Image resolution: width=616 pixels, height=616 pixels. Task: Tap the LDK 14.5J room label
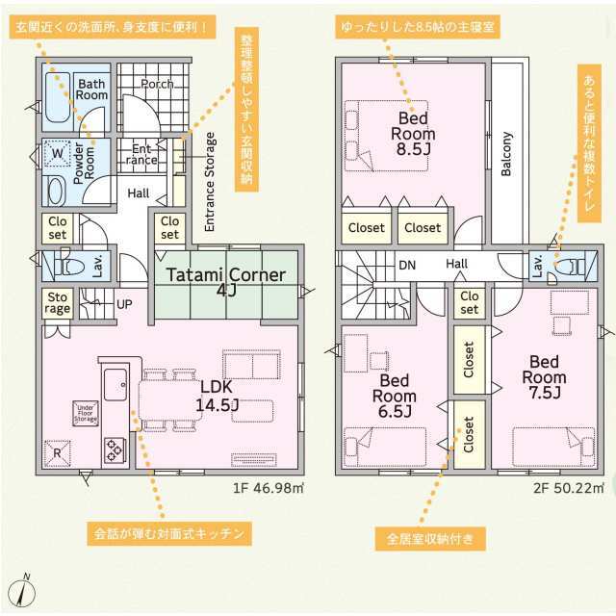(216, 395)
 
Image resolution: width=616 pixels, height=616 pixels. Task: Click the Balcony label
(506, 155)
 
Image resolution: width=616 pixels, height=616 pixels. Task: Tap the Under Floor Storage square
(87, 413)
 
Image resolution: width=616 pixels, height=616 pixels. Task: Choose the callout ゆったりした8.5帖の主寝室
(416, 27)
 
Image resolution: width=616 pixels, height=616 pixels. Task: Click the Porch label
(157, 85)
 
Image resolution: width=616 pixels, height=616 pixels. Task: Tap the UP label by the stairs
(124, 304)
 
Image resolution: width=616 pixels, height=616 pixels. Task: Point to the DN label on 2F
(407, 265)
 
